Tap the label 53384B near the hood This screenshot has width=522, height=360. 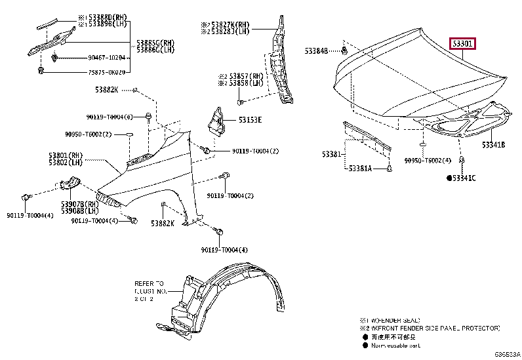click(x=317, y=50)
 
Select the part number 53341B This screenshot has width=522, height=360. click(x=494, y=144)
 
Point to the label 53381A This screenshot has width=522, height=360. click(x=360, y=169)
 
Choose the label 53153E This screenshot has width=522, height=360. click(x=250, y=120)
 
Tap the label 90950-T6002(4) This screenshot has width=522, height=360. click(x=428, y=160)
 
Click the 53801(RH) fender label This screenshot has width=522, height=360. click(x=64, y=155)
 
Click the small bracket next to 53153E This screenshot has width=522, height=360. click(x=216, y=124)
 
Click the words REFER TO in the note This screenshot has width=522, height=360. click(x=149, y=276)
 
